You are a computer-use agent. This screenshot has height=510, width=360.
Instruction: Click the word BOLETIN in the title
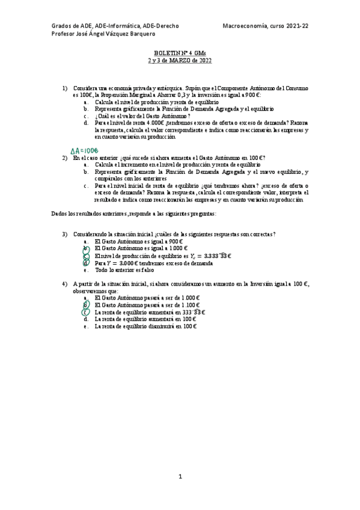(x=159, y=54)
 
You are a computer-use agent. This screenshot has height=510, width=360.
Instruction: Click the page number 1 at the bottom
(x=180, y=477)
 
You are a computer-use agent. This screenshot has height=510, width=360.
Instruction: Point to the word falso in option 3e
(x=136, y=270)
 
